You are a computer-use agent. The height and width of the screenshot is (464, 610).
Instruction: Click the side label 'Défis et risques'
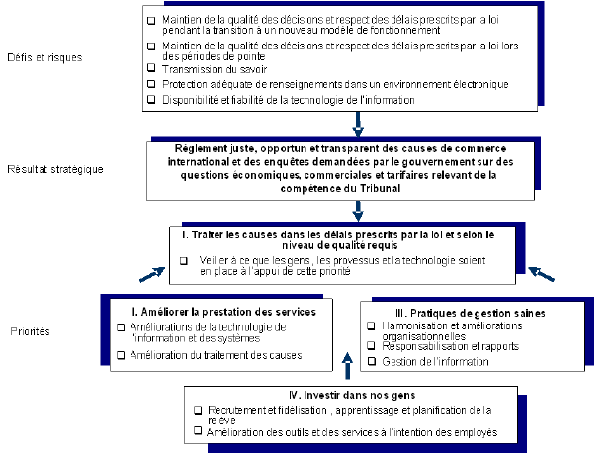[x=45, y=57]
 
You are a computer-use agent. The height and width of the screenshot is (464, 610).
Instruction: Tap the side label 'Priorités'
[x=32, y=332]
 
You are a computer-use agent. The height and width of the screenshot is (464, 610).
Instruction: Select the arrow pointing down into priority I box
[x=358, y=212]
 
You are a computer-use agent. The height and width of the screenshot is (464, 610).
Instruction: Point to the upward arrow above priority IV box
[x=346, y=366]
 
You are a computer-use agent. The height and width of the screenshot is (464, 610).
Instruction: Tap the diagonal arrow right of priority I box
[x=541, y=272]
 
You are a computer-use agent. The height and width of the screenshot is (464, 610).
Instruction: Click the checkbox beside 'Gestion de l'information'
[x=371, y=362]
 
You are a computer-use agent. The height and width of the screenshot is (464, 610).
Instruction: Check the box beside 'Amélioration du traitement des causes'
[x=121, y=355]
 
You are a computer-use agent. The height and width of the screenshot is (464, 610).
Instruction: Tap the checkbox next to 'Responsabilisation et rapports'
[x=371, y=347]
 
